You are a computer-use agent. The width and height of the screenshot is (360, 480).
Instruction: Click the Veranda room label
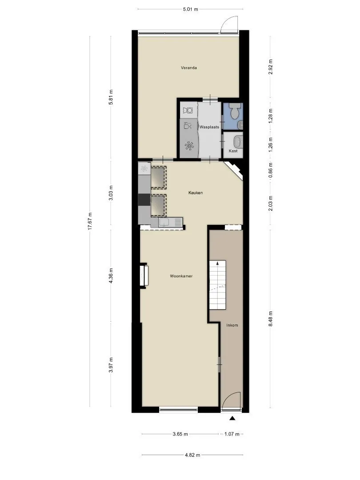188,68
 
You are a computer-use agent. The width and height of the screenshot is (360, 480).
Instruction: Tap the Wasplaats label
209,127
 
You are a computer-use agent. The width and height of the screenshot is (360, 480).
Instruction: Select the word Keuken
195,193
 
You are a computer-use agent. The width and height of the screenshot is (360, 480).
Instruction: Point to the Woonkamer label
181,276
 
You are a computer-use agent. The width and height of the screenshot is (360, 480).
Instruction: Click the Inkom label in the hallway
232,325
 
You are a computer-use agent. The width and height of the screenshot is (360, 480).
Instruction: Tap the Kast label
233,151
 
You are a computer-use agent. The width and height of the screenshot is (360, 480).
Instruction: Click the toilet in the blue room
236,111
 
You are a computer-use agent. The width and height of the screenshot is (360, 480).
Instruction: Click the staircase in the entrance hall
217,285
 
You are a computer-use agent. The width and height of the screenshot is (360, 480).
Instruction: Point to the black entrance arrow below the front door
232,418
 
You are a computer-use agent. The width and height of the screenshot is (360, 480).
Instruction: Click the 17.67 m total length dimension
90,221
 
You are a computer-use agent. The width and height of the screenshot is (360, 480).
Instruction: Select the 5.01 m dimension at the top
190,9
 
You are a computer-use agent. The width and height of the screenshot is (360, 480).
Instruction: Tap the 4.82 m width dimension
192,455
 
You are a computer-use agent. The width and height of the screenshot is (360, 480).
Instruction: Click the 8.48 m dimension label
271,319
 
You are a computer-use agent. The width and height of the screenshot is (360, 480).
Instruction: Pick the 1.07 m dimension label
232,434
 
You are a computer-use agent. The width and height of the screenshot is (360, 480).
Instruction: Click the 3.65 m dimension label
180,434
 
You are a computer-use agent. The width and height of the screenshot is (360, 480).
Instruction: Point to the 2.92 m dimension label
271,67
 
